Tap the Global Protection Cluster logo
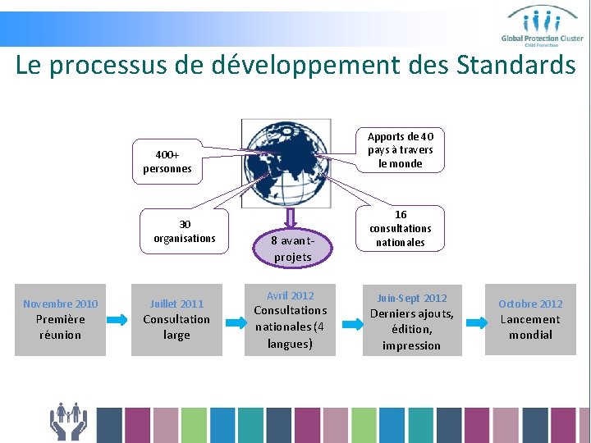[x=543, y=25]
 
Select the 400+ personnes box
[x=167, y=162]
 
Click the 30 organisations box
[x=185, y=231]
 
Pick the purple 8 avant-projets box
[x=292, y=248]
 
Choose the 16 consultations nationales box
[x=401, y=228]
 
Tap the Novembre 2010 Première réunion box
[x=61, y=319]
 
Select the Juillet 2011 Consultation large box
[x=176, y=319]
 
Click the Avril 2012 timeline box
[x=291, y=319]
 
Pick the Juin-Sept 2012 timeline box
[x=411, y=321]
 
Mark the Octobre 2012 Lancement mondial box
[x=530, y=319]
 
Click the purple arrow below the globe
[x=291, y=217]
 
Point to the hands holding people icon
[x=69, y=421]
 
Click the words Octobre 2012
[x=530, y=304]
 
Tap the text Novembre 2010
[x=61, y=304]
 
